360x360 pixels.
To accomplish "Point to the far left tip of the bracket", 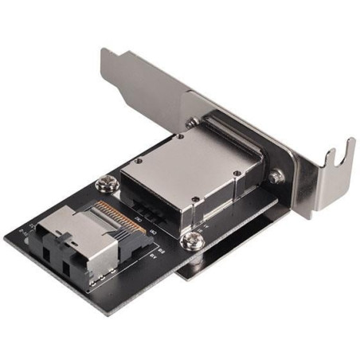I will click(x=104, y=54).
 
